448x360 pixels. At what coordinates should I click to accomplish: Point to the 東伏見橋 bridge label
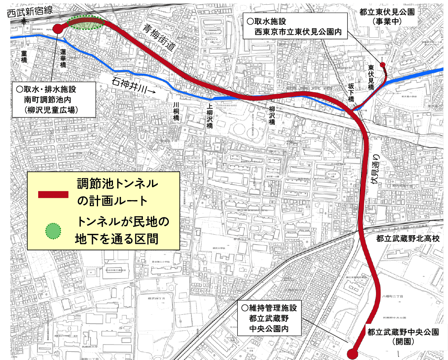click(x=371, y=78)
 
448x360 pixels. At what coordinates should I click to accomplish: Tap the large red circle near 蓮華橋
click(x=58, y=28)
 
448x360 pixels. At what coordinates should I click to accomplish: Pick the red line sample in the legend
click(x=53, y=195)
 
